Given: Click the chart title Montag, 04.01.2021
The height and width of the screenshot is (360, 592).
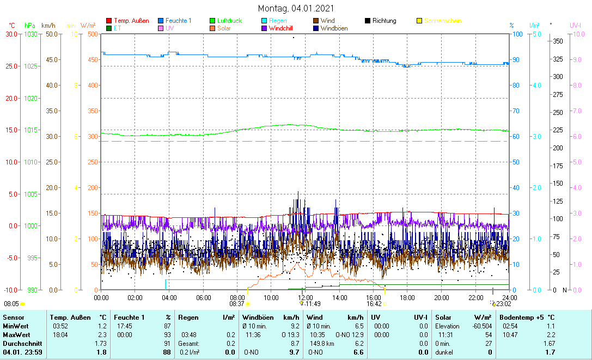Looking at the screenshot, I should tap(296, 9).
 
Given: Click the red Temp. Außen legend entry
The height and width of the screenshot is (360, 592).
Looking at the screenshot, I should tap(131, 21).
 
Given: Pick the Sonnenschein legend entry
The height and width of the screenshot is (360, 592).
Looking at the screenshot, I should tap(442, 21).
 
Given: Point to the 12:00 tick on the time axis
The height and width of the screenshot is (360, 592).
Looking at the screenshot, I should tap(306, 298).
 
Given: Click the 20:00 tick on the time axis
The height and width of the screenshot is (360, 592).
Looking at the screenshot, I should tap(442, 298).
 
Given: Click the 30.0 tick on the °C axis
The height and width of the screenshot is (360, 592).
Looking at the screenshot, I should tap(11, 34).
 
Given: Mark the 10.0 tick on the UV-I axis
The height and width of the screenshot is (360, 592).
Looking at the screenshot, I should tap(578, 34).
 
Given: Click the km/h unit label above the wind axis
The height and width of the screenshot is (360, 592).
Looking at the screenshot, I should tap(48, 25).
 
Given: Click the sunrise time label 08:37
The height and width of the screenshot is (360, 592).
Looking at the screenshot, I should tap(236, 304).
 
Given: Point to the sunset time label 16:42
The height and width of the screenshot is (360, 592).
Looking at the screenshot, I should tap(374, 304).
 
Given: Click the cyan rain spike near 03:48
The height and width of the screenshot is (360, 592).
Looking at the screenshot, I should tap(166, 284).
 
